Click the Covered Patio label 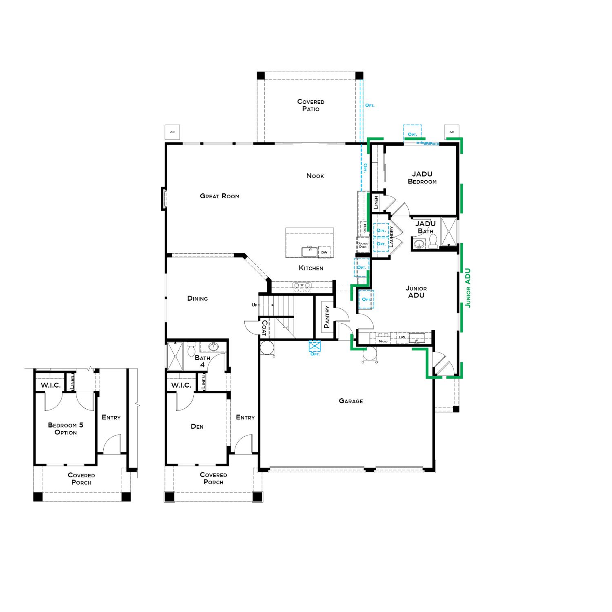pos(310,105)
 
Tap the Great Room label pos(220,196)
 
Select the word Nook pos(315,176)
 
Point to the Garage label pos(350,401)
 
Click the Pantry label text pos(326,317)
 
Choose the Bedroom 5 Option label pos(65,428)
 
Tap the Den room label pos(197,427)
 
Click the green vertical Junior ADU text pos(468,288)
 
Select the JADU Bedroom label pos(422,178)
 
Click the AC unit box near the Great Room pos(172,132)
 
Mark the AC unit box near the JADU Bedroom pos(451,132)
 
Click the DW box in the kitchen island pos(324,252)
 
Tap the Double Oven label pos(362,245)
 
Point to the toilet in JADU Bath pos(433,241)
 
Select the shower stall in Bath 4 pos(176,356)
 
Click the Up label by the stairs pos(255,305)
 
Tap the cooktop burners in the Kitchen pos(302,287)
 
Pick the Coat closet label pos(264,328)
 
